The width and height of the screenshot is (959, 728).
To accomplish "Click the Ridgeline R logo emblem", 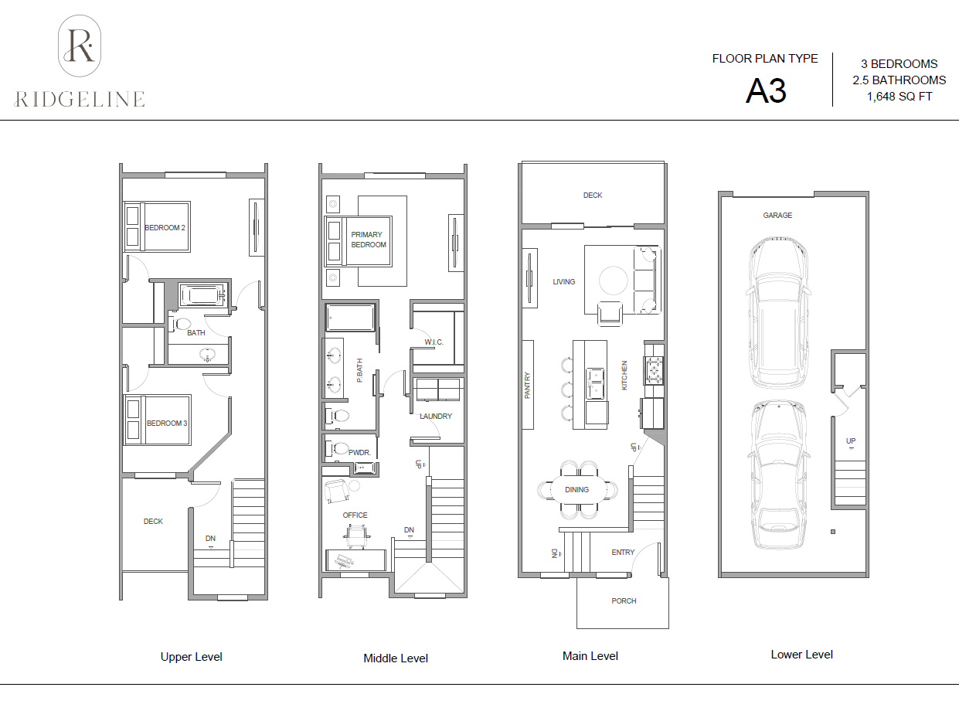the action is pos(80,46).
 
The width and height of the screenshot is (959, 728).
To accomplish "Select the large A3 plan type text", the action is pos(766,91).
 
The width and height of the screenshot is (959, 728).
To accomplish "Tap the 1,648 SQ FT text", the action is pos(899,97).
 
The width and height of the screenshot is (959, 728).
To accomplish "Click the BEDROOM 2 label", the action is pos(165,228).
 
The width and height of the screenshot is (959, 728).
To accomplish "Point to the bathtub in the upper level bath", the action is pos(202,296).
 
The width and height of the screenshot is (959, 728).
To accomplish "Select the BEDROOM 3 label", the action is pos(167,423).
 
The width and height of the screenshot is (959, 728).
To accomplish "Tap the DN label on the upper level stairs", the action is pos(211,539).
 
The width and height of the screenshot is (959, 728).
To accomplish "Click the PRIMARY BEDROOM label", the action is pos(369,240).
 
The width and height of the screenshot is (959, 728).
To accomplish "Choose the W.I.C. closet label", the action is pos(434,342).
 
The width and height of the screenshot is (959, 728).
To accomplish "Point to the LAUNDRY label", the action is pos(436,416).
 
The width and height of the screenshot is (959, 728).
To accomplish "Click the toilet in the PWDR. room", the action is pos(338,448).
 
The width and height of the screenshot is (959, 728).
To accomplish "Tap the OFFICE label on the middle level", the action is pos(355,515).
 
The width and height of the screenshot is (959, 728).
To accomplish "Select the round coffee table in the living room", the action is pos(614,281).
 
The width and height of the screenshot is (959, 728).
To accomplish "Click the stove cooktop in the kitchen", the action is pos(654,370).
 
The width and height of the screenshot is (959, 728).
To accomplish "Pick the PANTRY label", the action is pos(527,385).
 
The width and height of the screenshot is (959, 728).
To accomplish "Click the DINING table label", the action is pos(576,489).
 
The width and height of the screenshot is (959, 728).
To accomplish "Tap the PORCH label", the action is pos(624,600).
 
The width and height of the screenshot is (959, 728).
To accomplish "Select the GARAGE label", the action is pos(777,215).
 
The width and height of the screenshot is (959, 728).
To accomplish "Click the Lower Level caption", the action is pos(801,654).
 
